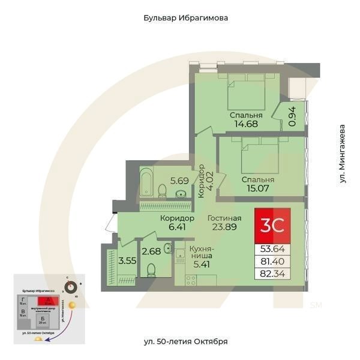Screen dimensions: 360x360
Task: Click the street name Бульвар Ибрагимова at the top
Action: [x=185, y=18]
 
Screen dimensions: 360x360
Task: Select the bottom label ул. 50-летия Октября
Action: [x=185, y=341]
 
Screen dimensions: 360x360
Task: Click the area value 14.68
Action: [x=246, y=125]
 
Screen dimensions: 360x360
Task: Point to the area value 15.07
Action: [x=258, y=190]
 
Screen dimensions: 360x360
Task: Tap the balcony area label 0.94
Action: [x=292, y=116]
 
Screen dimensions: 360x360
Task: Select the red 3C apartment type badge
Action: [x=272, y=224]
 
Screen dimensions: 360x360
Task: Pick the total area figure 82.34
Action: [x=272, y=274]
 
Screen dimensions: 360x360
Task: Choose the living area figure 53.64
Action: [x=272, y=248]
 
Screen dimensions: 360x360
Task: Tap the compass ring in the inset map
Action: [x=72, y=287]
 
